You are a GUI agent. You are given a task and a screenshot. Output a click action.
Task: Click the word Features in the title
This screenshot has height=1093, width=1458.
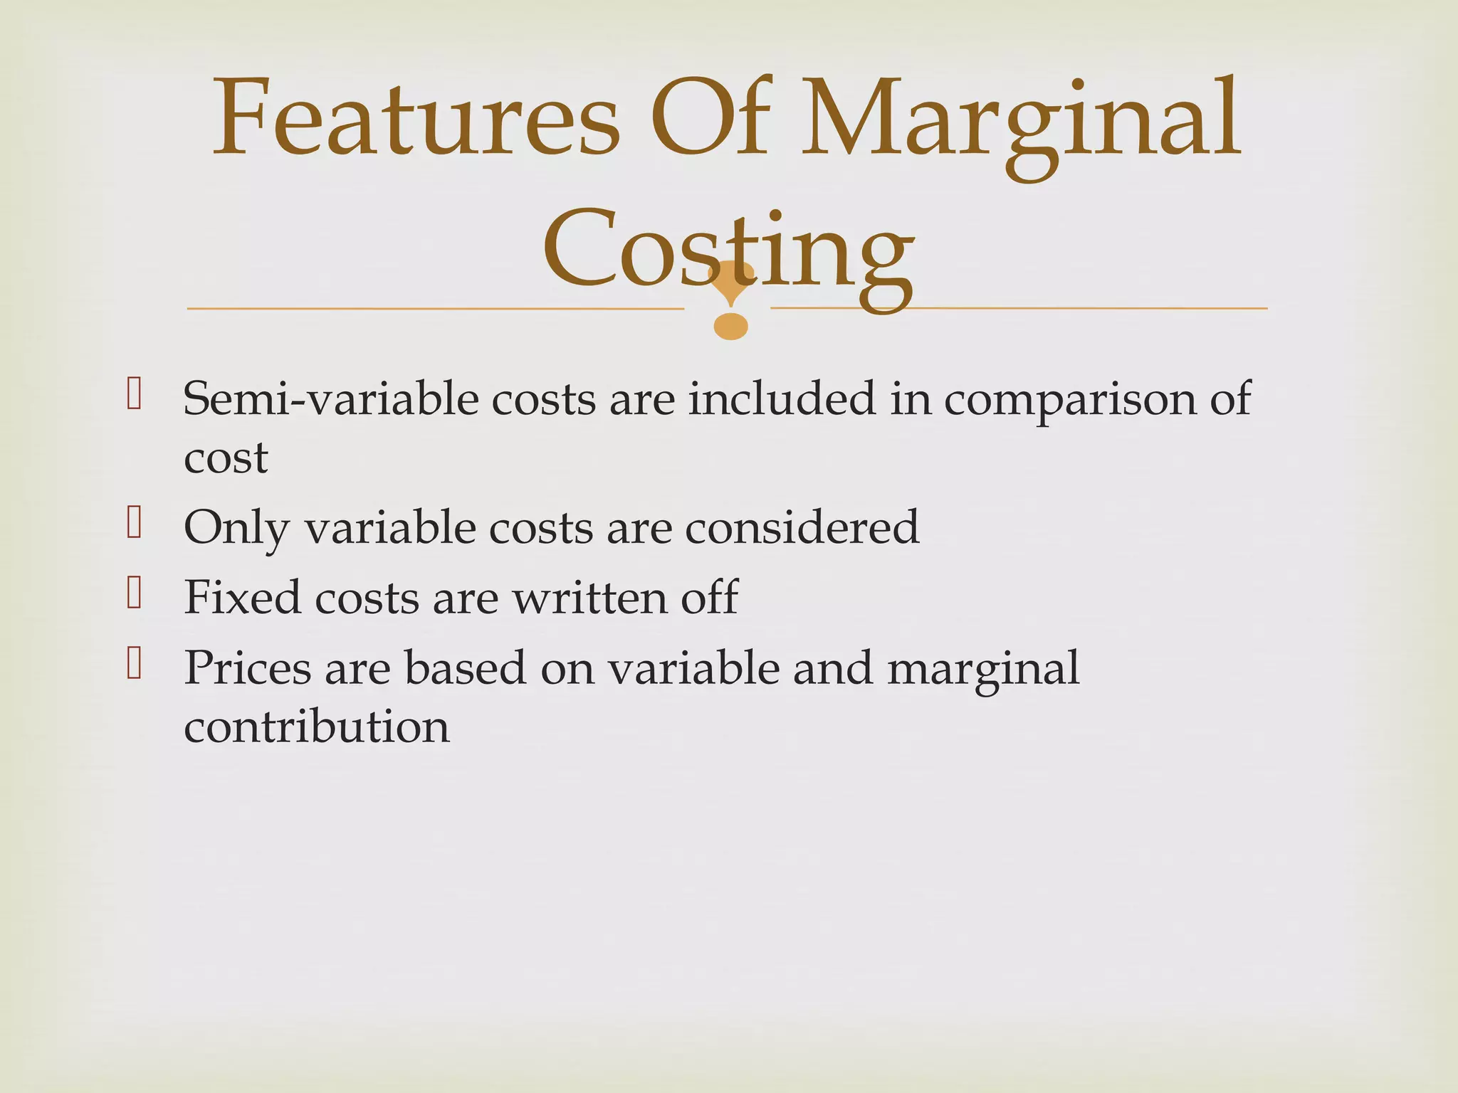pos(416,117)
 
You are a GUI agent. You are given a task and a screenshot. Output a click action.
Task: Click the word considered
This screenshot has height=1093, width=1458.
pos(802,527)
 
